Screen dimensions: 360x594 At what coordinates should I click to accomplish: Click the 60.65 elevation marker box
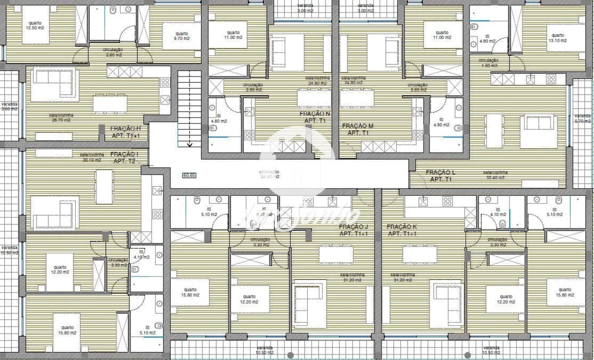click(x=189, y=175)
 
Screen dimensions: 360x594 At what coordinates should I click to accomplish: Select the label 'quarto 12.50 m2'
click(x=35, y=25)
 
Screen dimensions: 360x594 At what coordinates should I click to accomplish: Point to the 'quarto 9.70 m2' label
click(x=181, y=36)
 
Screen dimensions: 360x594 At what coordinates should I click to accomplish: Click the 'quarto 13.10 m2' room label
click(x=557, y=38)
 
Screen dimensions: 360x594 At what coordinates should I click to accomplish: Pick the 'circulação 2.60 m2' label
click(x=113, y=52)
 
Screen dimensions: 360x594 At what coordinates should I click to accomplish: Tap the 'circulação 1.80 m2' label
click(x=489, y=63)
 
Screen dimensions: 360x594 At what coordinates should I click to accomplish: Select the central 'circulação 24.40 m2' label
click(x=269, y=174)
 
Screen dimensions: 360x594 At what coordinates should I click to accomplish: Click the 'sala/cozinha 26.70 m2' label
click(x=59, y=118)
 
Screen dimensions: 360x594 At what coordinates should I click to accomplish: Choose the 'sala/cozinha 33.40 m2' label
click(x=494, y=175)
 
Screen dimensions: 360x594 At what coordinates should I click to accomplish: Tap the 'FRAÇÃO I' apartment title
click(x=124, y=154)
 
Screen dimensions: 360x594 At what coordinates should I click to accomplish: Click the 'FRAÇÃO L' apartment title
click(x=440, y=172)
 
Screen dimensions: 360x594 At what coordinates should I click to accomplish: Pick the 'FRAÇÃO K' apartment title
click(x=402, y=227)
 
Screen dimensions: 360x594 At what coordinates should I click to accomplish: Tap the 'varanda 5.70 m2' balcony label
click(x=582, y=118)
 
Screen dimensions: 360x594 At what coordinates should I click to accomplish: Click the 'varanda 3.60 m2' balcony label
click(x=8, y=106)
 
